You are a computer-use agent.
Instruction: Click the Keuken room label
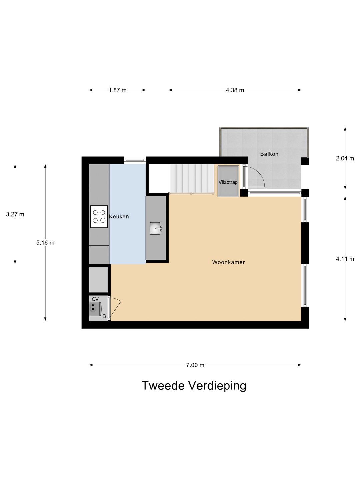pos(119,216)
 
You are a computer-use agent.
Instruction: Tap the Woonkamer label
pos(228,262)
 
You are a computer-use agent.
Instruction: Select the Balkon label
pos(269,154)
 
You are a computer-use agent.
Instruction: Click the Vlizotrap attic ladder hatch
pos(228,182)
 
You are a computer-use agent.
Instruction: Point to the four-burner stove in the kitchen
pos(99,216)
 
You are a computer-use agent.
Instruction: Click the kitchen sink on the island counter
pos(156,228)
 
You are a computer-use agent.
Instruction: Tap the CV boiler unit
pos(95,309)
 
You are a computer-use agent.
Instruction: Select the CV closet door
pos(114,309)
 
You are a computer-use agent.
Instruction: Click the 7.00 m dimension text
pos(195,365)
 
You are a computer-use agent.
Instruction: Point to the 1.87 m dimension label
pos(118,90)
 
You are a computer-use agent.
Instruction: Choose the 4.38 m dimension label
pos(235,90)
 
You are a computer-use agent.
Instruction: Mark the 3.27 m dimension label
pos(15,214)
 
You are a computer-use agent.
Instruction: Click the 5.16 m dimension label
pos(45,243)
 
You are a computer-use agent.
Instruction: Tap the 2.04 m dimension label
pos(345,158)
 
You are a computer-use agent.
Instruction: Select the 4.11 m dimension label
pos(345,259)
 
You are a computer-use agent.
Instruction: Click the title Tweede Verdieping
pos(194,385)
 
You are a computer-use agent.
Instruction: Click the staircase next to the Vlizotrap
pos(192,179)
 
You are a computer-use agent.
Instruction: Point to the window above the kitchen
pos(135,160)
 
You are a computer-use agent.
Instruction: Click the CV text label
pos(95,299)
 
